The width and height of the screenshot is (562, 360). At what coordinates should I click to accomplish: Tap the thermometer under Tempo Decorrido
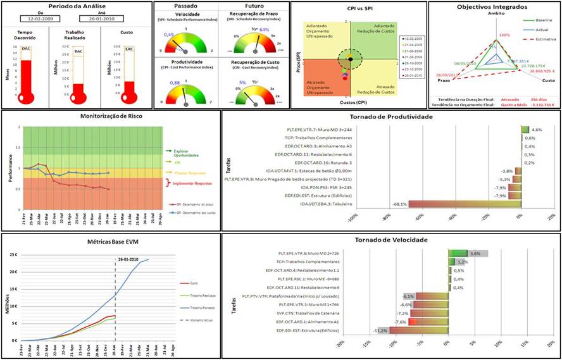(26, 76)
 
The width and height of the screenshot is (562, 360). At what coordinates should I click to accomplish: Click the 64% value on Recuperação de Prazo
(265, 30)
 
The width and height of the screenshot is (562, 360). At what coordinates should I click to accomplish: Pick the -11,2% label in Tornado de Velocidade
(380, 330)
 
